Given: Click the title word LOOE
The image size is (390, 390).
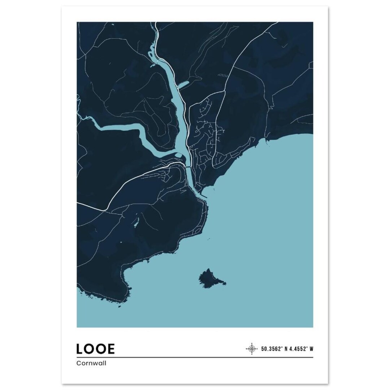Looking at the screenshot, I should point(96,348).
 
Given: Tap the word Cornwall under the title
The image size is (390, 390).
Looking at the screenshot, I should point(91,364).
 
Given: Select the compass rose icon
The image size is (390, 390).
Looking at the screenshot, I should point(251,348).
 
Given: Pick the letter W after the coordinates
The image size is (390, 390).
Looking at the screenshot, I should point(311,349).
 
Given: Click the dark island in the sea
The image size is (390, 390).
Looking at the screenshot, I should point(210,279).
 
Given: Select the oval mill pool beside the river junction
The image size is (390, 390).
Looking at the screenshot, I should point(179,156).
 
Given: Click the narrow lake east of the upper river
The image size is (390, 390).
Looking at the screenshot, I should point(183,85).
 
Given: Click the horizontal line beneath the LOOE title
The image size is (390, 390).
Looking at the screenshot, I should point(195,357).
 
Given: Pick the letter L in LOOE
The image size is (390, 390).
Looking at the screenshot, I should point(81,348).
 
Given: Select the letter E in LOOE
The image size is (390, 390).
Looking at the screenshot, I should point(110,348).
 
